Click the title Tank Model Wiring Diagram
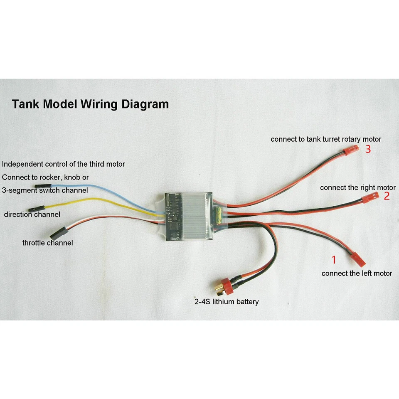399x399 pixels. pos(90,104)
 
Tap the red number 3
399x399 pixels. pos(368,149)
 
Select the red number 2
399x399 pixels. pos(387,196)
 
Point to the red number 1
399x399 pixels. pos(333,260)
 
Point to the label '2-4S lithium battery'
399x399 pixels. pos(226,302)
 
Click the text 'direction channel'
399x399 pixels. pos(32,214)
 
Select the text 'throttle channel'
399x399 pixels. pos(47,243)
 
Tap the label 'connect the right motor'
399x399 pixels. pos(357,188)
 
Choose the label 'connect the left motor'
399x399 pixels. pos(357,273)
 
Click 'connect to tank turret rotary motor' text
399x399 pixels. pos(325,139)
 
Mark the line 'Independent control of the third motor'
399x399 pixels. pos(63,164)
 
